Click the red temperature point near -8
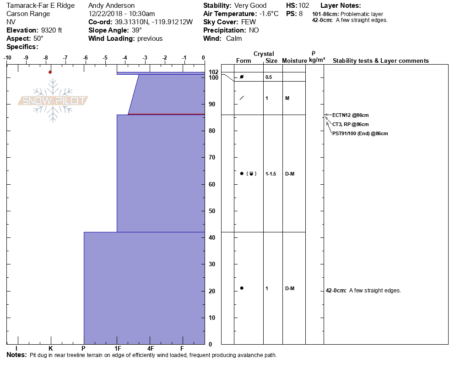pos(50,72)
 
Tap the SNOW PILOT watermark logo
pos(53,101)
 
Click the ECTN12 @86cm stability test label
pos(350,115)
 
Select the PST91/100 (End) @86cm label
pos(360,134)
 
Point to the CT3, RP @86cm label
pos(350,124)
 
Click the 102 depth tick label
pos(213,72)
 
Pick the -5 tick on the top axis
pos(105,58)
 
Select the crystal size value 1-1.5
pos(271,174)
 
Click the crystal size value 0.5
pos(269,77)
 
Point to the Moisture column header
pos(294,61)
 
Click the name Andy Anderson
pos(111,5)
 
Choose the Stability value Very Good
pos(250,5)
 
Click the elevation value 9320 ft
pos(48,30)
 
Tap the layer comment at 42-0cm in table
pos(363,291)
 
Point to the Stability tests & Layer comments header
pos(380,61)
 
